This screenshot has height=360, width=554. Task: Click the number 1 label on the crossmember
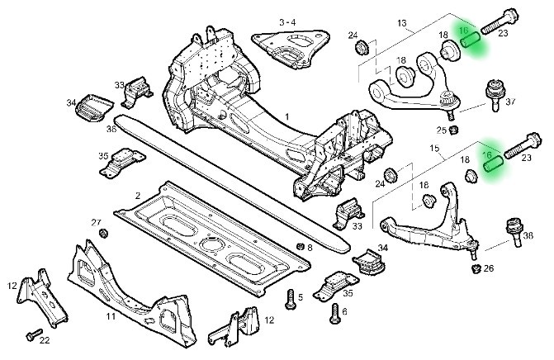(x=286, y=117)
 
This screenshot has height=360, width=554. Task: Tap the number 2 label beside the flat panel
(x=137, y=195)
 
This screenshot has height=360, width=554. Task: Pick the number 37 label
(x=510, y=102)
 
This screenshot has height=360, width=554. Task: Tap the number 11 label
(x=111, y=315)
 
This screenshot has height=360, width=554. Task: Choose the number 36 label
(x=111, y=129)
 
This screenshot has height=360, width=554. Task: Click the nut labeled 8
(x=299, y=246)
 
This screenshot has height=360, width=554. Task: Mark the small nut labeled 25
(x=453, y=129)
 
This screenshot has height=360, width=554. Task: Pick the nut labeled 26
(x=476, y=268)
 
